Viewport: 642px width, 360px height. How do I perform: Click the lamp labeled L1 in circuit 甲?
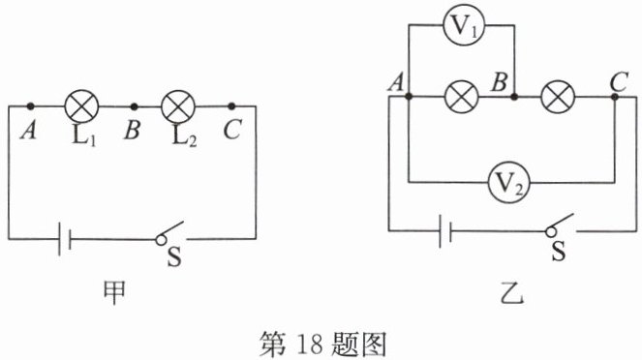click(x=82, y=106)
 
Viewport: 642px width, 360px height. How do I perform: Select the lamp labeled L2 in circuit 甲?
click(x=178, y=106)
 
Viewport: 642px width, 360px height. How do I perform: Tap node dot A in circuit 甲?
click(x=30, y=106)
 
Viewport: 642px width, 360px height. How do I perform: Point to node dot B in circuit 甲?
click(x=134, y=106)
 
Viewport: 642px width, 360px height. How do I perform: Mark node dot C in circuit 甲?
click(x=231, y=106)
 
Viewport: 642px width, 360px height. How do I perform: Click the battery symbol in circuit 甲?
click(x=65, y=239)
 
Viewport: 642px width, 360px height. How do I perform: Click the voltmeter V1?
click(x=464, y=25)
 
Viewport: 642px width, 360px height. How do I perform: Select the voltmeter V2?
click(x=509, y=183)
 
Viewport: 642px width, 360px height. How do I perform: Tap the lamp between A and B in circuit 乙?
click(x=462, y=97)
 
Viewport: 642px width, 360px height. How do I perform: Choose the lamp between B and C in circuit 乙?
click(x=558, y=97)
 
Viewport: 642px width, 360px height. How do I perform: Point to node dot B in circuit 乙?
click(x=514, y=97)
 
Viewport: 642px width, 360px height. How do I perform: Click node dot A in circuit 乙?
click(x=409, y=97)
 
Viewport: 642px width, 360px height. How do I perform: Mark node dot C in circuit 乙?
click(x=615, y=97)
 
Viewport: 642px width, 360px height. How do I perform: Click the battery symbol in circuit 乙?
click(x=445, y=231)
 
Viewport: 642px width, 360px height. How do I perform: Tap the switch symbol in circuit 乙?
click(x=560, y=225)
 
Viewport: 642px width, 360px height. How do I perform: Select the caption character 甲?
click(x=113, y=292)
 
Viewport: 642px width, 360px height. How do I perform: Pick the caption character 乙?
click(x=512, y=292)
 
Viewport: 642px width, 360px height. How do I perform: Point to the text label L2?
click(x=184, y=136)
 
